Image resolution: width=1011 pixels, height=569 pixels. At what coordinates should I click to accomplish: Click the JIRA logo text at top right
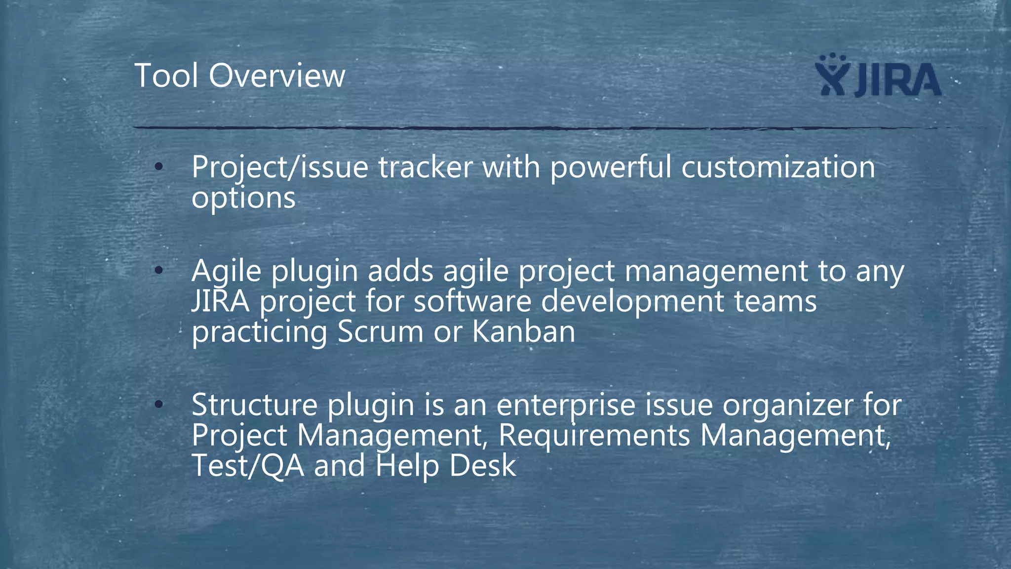coord(897,80)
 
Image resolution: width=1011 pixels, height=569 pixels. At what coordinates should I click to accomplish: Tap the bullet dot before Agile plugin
coord(158,271)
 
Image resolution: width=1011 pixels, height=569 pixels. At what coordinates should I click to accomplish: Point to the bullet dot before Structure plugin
coord(158,405)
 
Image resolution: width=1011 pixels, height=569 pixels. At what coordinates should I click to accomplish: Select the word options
coord(243,199)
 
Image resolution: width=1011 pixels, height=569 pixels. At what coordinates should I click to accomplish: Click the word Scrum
coord(380,331)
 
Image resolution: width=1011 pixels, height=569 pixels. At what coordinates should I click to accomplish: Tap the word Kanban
coord(524,331)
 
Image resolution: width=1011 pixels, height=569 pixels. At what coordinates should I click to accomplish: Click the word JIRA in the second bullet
coord(220,301)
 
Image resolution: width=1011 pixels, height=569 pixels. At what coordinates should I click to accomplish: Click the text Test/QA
coord(248,466)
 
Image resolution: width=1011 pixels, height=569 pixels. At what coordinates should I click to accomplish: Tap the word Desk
coord(482,466)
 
